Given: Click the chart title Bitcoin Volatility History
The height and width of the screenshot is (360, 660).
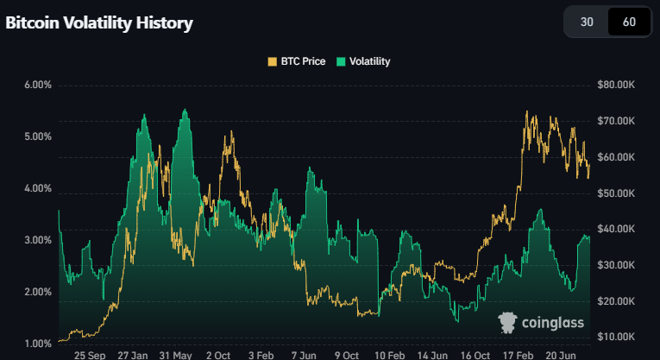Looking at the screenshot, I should click(x=99, y=23).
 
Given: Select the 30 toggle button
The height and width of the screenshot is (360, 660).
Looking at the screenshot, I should click(x=587, y=22).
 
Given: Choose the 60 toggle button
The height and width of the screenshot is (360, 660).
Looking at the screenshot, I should click(x=629, y=22).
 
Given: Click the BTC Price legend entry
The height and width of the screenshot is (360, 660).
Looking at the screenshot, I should click(x=297, y=61).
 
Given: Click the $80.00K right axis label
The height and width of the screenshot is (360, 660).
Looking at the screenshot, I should click(x=616, y=85).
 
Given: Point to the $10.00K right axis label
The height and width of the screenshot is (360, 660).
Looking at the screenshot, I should click(x=616, y=336).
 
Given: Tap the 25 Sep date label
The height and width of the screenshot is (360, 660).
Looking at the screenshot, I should click(x=91, y=355).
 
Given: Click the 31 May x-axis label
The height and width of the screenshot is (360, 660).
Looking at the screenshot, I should click(x=176, y=355).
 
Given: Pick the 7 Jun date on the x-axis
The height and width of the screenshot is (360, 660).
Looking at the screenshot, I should click(x=305, y=355).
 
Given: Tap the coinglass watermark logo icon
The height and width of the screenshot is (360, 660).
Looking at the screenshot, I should click(x=508, y=322).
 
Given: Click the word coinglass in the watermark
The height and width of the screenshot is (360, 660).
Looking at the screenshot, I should click(x=553, y=323).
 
